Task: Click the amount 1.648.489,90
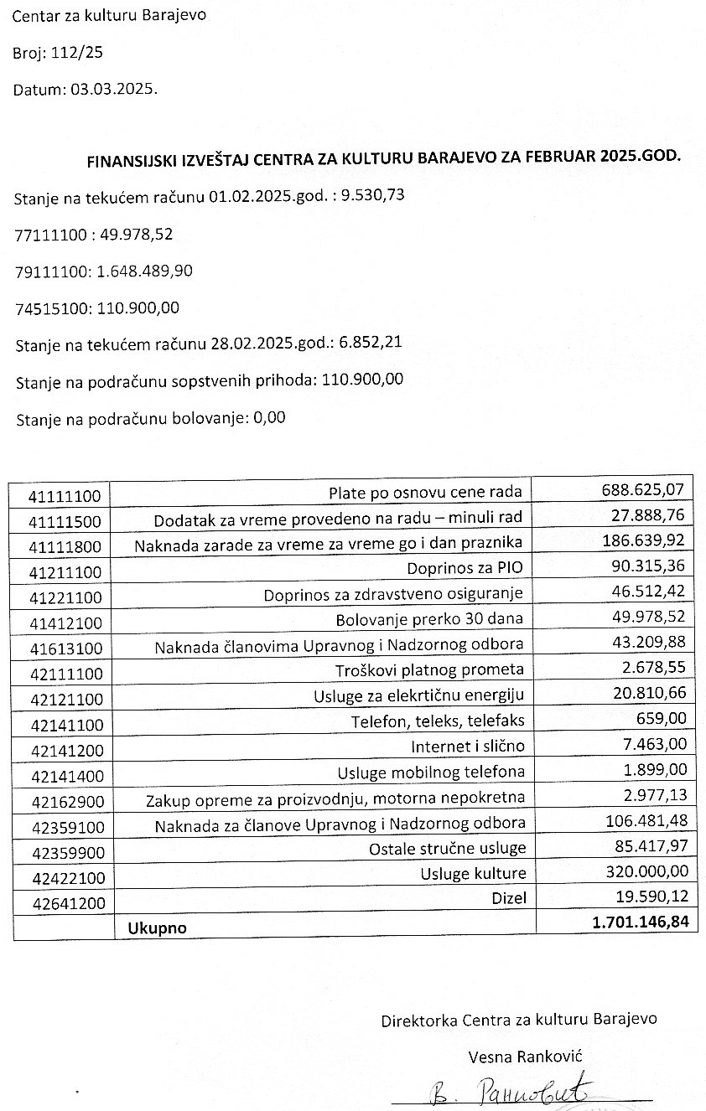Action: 145,271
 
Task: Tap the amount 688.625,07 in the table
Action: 644,488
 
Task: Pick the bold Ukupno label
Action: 157,928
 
